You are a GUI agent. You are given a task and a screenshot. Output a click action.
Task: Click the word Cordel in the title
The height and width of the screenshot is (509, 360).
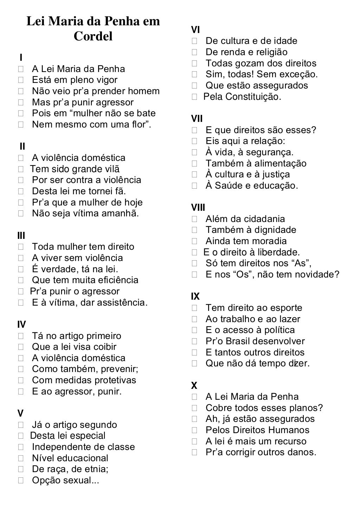pyautogui.click(x=93, y=36)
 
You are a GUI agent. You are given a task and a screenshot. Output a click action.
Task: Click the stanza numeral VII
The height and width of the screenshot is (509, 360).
pyautogui.click(x=197, y=119)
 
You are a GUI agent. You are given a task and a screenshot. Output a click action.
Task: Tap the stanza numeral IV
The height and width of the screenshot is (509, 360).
pyautogui.click(x=21, y=324)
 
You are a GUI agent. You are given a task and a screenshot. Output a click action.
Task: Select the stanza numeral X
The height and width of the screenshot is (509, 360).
pyautogui.click(x=194, y=386)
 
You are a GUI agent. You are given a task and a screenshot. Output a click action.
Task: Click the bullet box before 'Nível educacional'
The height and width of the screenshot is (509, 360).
pyautogui.click(x=21, y=458)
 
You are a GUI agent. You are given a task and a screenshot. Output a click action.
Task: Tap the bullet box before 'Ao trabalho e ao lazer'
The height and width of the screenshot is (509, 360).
pyautogui.click(x=195, y=319)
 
